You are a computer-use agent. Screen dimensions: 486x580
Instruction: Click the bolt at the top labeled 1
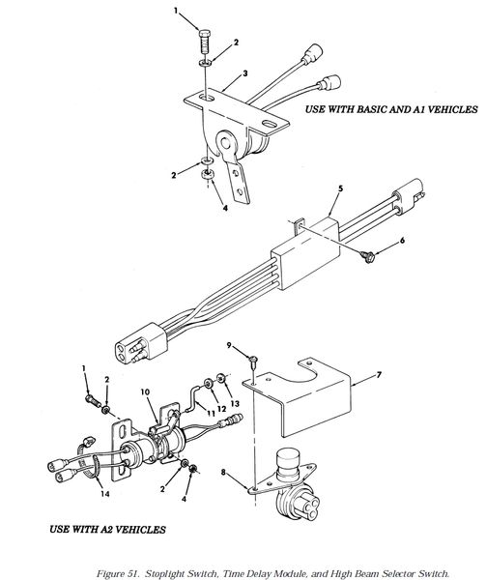[204, 42]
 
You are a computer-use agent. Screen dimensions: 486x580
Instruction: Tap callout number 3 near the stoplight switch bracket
[245, 73]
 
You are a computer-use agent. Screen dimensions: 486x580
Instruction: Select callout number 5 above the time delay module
[340, 188]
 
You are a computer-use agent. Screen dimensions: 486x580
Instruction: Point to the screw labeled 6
[367, 256]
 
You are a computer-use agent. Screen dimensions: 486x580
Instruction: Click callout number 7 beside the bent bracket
[379, 375]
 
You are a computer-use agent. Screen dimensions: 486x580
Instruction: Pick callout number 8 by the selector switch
[223, 472]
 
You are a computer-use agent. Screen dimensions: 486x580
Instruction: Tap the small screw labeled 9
[253, 361]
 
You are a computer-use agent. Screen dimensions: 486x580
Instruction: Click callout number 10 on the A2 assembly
[146, 391]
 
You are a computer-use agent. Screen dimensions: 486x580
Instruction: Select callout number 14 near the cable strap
[105, 493]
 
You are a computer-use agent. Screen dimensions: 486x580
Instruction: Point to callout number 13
[235, 403]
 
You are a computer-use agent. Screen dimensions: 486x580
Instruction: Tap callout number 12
[221, 409]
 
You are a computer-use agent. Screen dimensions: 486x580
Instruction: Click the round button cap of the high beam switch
[288, 458]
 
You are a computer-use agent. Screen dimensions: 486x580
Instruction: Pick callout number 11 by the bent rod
[211, 413]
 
